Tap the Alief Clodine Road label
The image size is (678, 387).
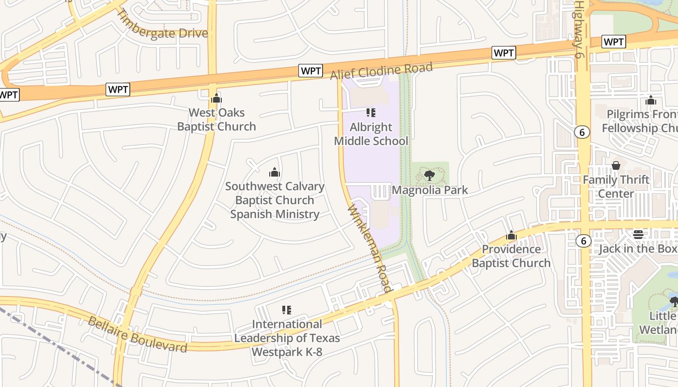tap(381, 72)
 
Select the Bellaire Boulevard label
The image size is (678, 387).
tap(137, 334)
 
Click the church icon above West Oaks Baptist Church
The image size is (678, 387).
tap(216, 98)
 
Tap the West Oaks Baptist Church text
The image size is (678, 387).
tap(216, 119)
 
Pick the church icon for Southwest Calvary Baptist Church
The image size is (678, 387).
tap(275, 172)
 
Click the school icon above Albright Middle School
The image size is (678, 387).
tap(371, 113)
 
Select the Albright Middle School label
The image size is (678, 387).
tap(371, 134)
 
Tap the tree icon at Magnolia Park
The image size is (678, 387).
tap(429, 175)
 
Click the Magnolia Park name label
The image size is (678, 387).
tap(430, 190)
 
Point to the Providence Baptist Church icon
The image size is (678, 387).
tap(511, 236)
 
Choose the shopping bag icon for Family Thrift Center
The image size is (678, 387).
tap(616, 165)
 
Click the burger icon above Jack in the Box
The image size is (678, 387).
tap(638, 235)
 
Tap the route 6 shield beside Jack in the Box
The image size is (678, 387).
tap(584, 240)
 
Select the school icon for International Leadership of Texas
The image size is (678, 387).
tap(287, 310)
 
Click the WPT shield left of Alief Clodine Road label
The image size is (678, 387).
tap(310, 71)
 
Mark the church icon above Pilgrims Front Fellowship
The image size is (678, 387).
tap(651, 100)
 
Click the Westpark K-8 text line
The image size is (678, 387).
tap(287, 352)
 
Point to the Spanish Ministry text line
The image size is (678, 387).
tap(275, 214)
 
